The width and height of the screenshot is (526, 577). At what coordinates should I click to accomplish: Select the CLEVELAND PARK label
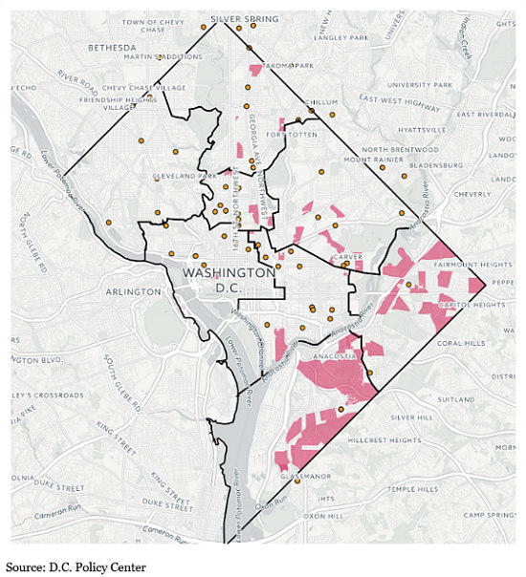pos(186,176)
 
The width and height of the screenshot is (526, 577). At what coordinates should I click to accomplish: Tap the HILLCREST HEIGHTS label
pos(384,440)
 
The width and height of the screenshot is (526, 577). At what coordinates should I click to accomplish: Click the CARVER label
pos(346,257)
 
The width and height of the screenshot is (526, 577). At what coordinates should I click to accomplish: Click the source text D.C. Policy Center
pos(77,567)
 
